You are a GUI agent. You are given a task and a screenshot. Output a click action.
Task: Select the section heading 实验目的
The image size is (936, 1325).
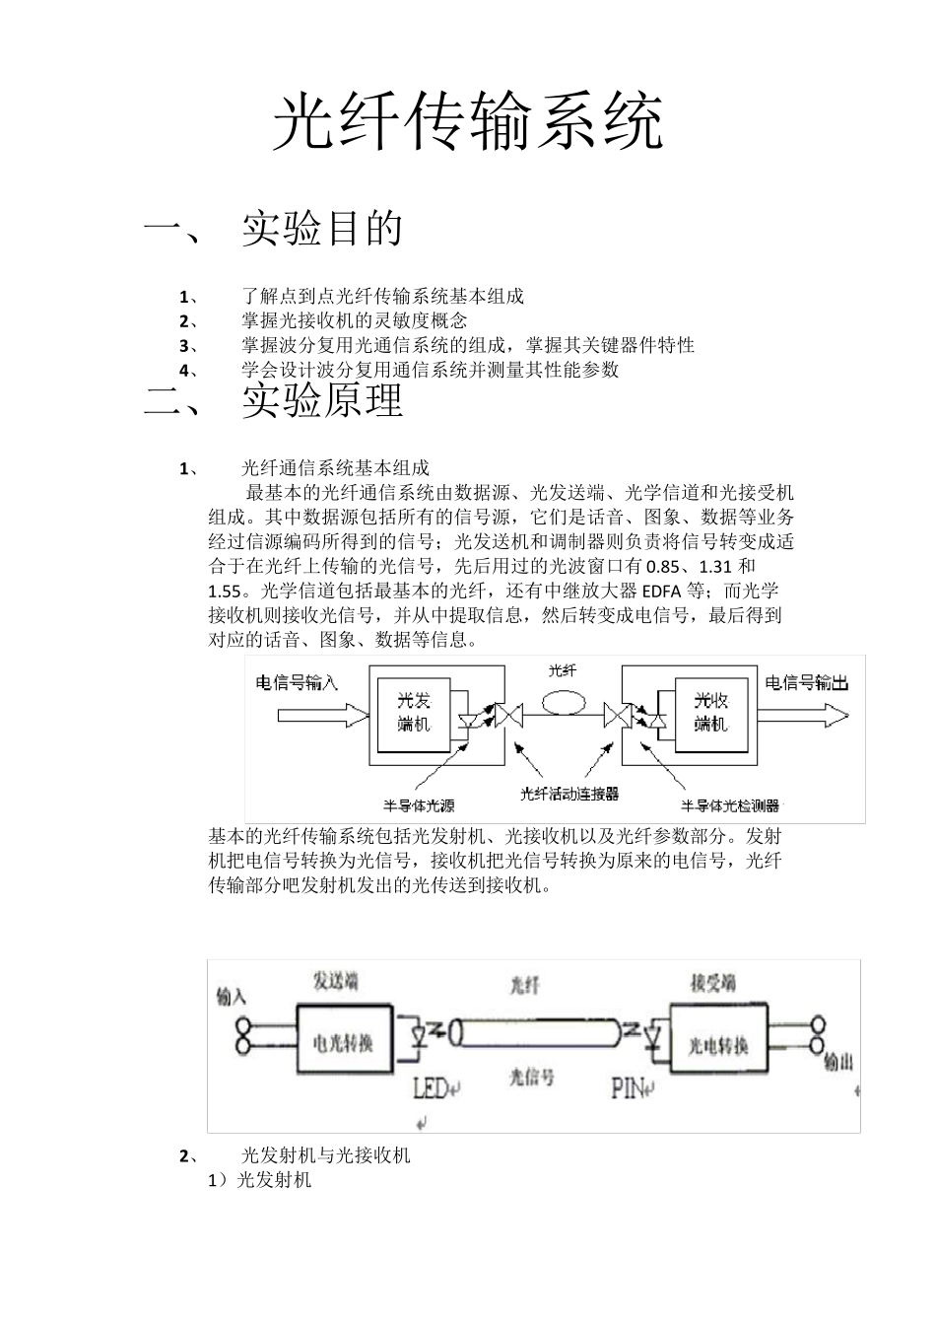click(322, 229)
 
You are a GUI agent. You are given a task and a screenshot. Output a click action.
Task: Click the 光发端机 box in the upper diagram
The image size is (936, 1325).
click(414, 713)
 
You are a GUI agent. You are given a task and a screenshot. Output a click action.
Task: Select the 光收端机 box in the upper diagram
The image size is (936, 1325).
click(709, 713)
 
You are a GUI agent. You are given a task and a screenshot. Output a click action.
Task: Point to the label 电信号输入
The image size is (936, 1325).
click(297, 682)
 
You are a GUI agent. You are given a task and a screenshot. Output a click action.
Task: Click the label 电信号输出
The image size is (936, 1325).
click(806, 682)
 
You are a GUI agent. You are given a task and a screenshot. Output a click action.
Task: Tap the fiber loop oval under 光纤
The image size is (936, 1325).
click(562, 706)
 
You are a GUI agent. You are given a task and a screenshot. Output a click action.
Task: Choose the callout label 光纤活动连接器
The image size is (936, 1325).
click(569, 794)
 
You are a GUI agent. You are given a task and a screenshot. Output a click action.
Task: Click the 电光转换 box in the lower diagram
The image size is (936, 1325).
click(343, 1041)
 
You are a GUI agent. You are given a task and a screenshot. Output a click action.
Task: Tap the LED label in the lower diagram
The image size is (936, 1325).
click(431, 1087)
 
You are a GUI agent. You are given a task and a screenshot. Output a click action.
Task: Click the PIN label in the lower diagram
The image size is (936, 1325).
click(629, 1087)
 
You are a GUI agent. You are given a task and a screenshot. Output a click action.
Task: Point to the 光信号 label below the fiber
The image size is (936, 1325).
click(531, 1078)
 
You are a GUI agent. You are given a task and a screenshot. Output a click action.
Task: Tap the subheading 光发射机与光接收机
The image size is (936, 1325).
click(325, 1155)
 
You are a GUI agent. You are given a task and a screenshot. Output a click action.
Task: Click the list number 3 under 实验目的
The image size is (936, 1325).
click(183, 345)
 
